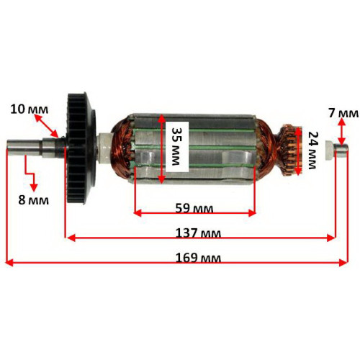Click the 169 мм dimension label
point(198,258)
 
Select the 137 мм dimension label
point(198,233)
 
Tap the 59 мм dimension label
point(194,208)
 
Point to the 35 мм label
point(177,146)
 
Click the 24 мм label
point(312,150)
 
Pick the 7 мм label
point(343,113)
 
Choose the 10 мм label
point(30,109)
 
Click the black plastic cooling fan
point(81,149)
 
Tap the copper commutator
point(289,150)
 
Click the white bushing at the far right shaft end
point(330,150)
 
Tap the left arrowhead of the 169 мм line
point(9,263)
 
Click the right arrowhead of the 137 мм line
point(331,238)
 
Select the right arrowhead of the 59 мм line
point(252,213)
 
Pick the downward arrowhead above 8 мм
point(34,187)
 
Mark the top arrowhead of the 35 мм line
point(162,118)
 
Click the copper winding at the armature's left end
point(122,147)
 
